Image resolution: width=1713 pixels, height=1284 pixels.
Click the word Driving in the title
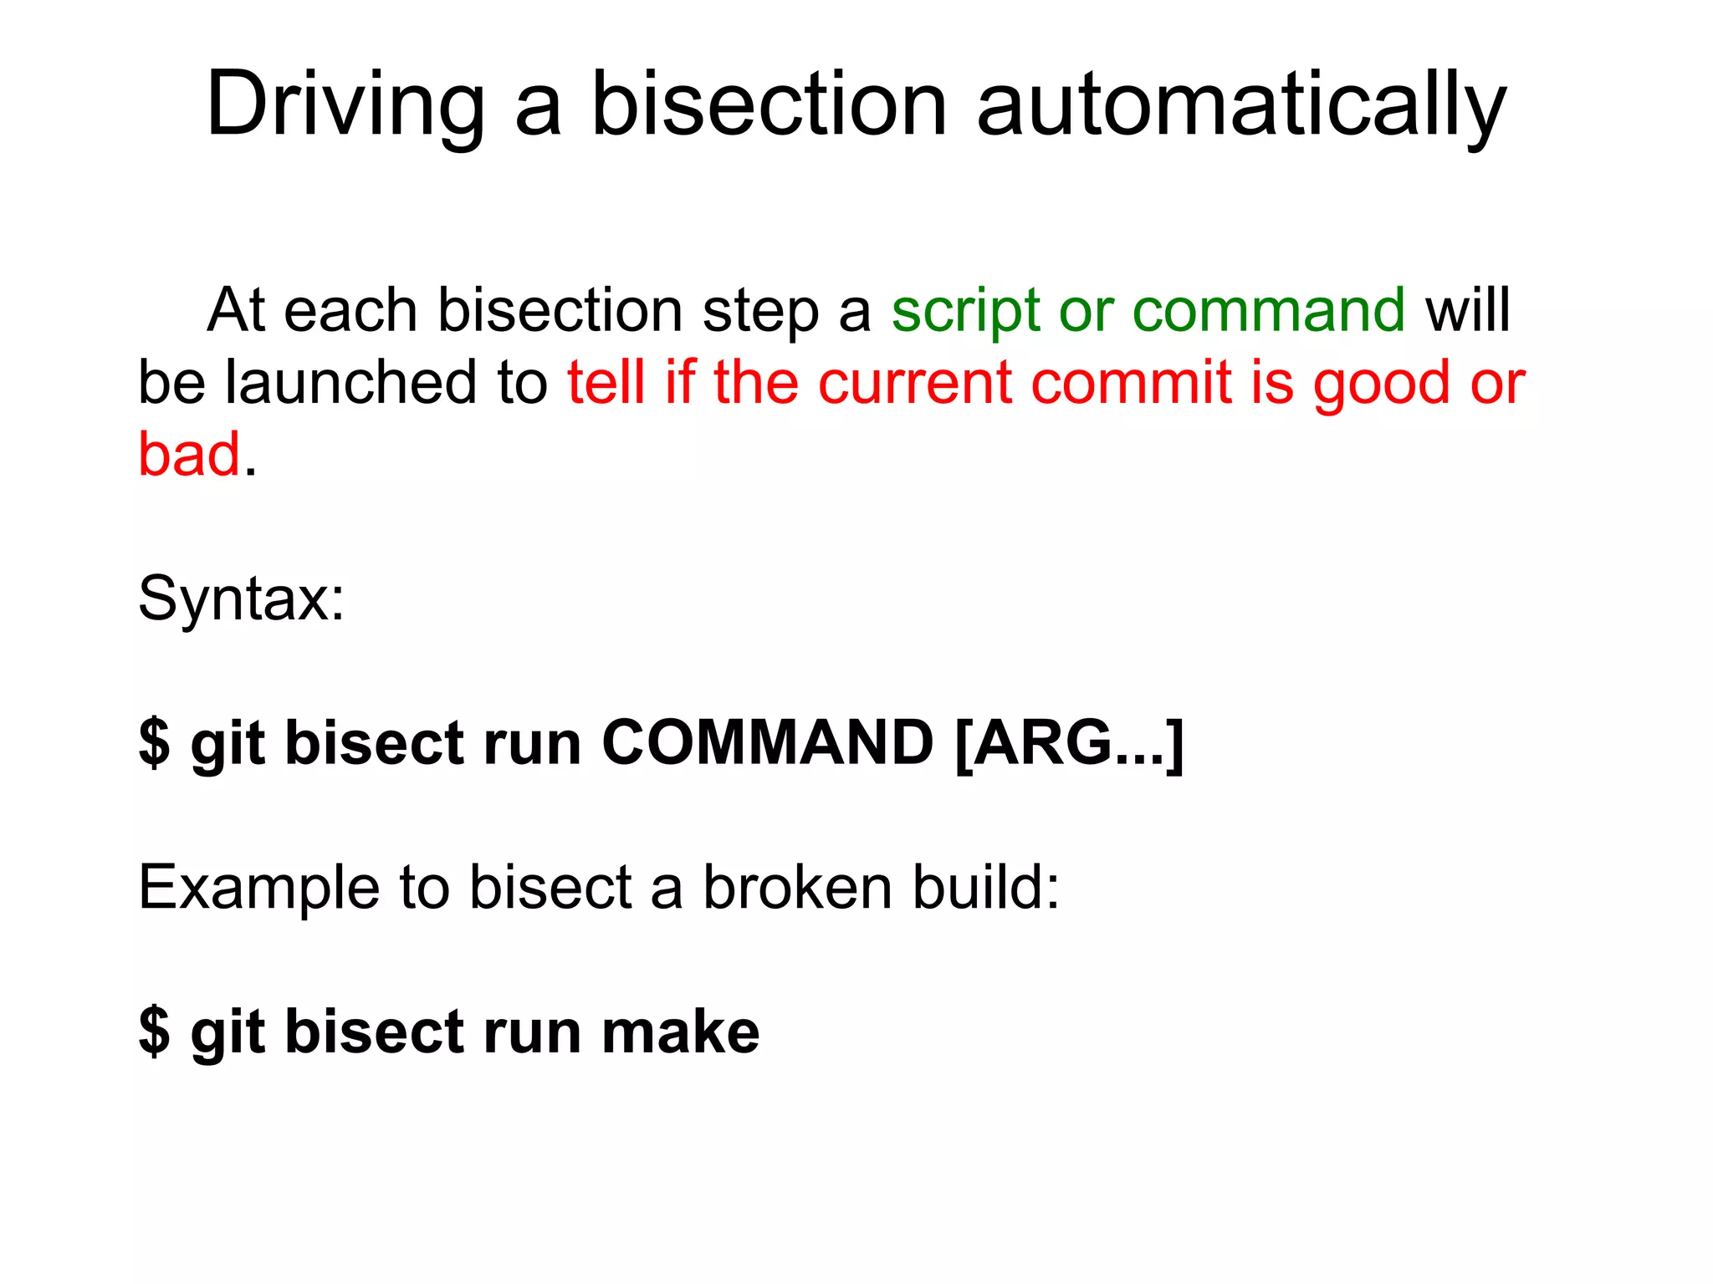tap(345, 104)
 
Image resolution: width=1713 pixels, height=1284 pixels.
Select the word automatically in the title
tap(1241, 104)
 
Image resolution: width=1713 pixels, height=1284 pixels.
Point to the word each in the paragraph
tap(350, 310)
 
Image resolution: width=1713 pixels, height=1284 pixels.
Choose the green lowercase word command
tap(1268, 310)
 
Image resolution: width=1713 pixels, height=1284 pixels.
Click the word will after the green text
tap(1468, 310)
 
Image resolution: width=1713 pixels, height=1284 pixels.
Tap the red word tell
tap(606, 382)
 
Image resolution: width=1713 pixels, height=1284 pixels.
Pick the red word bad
tap(189, 454)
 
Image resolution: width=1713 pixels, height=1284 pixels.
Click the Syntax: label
tap(241, 599)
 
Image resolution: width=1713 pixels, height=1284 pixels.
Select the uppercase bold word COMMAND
tap(767, 742)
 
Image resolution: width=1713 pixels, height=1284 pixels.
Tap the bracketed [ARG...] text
tap(1068, 743)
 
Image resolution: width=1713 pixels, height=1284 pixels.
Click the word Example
tap(258, 888)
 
